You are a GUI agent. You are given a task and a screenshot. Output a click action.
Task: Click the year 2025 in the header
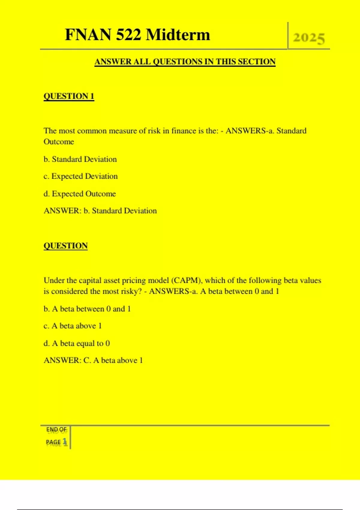click(x=309, y=38)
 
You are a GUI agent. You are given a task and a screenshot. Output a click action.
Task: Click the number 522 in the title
click(x=128, y=35)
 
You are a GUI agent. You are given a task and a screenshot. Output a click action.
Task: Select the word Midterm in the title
click(x=178, y=35)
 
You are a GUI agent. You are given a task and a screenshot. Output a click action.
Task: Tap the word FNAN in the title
click(x=88, y=35)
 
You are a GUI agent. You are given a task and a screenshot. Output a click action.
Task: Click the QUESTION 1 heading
click(x=69, y=96)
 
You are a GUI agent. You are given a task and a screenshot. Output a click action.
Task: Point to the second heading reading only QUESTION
click(x=65, y=246)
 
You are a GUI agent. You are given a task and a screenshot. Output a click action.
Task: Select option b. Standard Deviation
click(x=80, y=159)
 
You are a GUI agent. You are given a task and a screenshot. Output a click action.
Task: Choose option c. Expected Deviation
click(x=80, y=176)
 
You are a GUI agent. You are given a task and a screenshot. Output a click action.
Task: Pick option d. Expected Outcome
click(x=79, y=194)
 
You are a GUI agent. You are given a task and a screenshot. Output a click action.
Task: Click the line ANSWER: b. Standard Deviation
click(x=100, y=211)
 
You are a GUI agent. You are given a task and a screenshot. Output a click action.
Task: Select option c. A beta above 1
click(x=73, y=326)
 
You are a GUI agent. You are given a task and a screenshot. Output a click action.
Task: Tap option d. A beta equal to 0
click(x=76, y=343)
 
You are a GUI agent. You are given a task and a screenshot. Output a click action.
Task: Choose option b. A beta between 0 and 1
click(x=87, y=309)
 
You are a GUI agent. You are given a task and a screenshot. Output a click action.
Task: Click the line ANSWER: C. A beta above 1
click(x=93, y=360)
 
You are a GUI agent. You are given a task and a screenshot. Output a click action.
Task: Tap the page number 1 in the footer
click(x=64, y=442)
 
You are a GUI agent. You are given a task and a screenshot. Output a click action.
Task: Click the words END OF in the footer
click(x=56, y=430)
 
